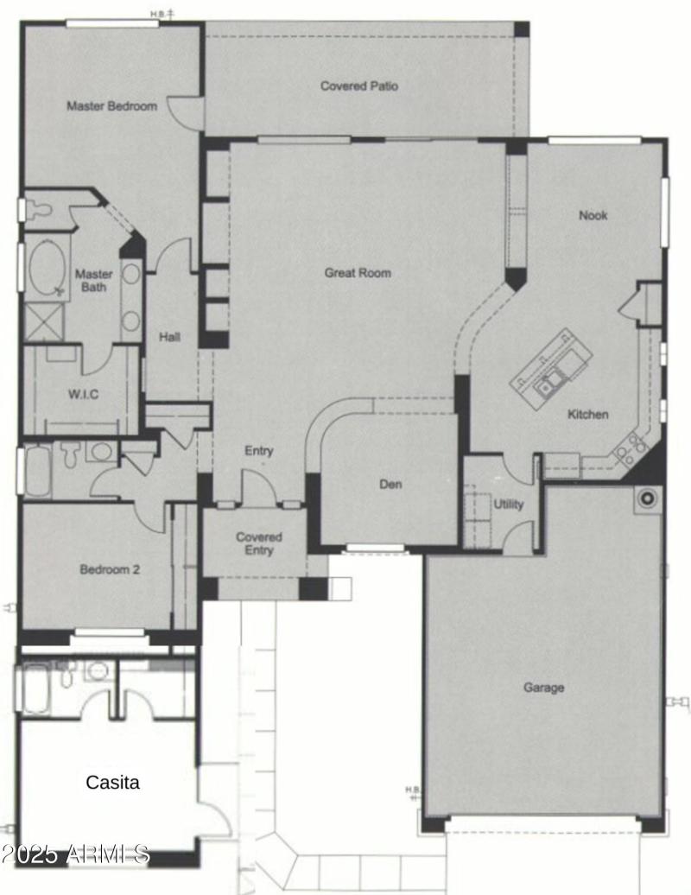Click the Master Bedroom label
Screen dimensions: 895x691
coord(112,106)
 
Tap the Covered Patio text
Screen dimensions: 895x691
coord(359,86)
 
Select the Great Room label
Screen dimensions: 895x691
coord(358,273)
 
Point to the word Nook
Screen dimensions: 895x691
coord(593,215)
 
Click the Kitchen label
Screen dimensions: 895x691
coord(587,415)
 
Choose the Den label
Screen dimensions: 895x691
coord(390,485)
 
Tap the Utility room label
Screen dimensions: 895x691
coord(508,505)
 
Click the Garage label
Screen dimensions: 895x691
coord(544,688)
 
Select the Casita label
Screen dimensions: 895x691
coord(112,783)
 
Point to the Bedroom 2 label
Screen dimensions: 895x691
coord(110,570)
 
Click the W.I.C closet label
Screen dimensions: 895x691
coord(83,395)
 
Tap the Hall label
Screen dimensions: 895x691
coord(169,337)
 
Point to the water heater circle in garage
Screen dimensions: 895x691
coord(646,498)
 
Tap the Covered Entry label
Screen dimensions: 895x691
coord(259,543)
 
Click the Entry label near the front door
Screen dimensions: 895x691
coord(259,451)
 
